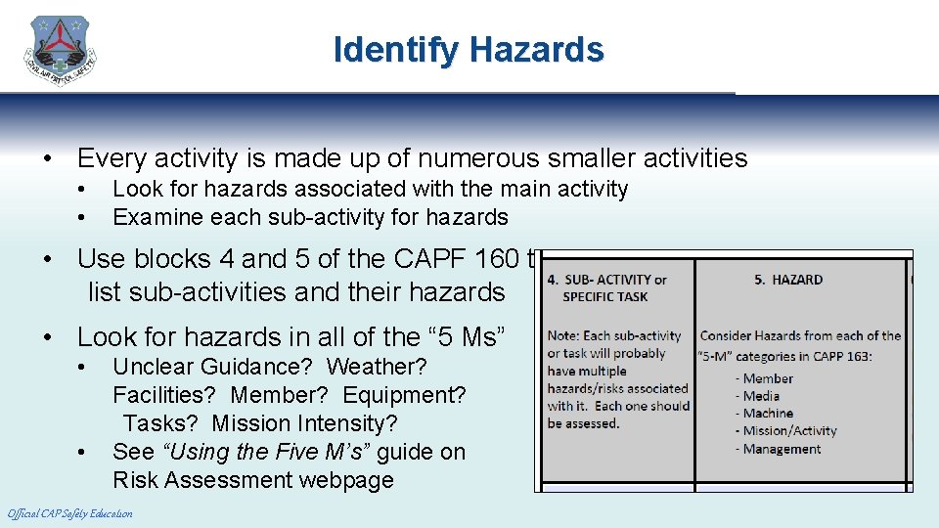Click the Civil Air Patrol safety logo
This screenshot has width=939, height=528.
click(61, 51)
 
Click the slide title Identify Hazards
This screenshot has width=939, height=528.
click(469, 49)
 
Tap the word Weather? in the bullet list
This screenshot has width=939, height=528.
click(377, 367)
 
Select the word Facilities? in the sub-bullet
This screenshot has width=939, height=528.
click(165, 395)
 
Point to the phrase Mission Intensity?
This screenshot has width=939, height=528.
click(304, 423)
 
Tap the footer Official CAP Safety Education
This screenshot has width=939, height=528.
click(69, 513)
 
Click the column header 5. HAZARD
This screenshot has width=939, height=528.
click(787, 280)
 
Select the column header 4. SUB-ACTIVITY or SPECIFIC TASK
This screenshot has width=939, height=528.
click(606, 288)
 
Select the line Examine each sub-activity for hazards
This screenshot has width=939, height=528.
click(310, 217)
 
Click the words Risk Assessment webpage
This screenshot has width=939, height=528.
click(252, 480)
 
